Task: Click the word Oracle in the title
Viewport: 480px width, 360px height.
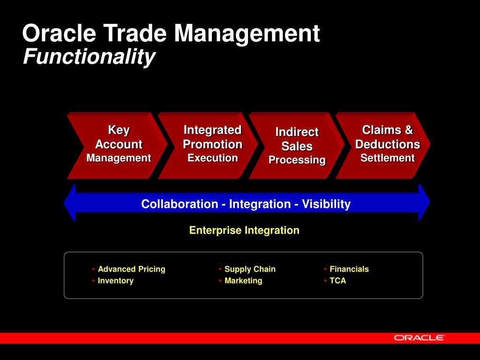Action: click(x=59, y=33)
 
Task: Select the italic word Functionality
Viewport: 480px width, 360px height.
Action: click(x=89, y=57)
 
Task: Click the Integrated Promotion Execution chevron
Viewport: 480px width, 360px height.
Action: click(x=208, y=145)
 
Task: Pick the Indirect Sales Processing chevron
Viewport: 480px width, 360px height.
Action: click(x=296, y=145)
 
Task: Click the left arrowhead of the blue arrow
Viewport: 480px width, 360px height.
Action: click(x=69, y=202)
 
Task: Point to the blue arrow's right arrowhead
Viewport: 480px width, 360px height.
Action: click(x=424, y=202)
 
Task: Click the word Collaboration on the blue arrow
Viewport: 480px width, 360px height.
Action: click(x=180, y=204)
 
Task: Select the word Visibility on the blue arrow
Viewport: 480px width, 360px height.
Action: click(x=326, y=204)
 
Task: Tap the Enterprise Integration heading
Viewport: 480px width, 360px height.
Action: click(x=244, y=230)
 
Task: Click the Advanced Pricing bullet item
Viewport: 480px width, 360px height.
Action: click(x=131, y=269)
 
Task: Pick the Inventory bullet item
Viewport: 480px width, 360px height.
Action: click(x=115, y=281)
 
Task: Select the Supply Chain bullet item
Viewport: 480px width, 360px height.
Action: click(x=250, y=269)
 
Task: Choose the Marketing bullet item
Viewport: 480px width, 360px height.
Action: click(x=243, y=281)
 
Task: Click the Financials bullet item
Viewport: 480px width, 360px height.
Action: click(x=349, y=269)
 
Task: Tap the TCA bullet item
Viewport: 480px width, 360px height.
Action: click(x=337, y=281)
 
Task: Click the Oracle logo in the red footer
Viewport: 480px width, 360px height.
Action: click(x=419, y=337)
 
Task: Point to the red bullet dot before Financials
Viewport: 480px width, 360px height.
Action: click(x=325, y=269)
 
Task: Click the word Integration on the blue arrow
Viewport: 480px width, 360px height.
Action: click(x=260, y=204)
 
